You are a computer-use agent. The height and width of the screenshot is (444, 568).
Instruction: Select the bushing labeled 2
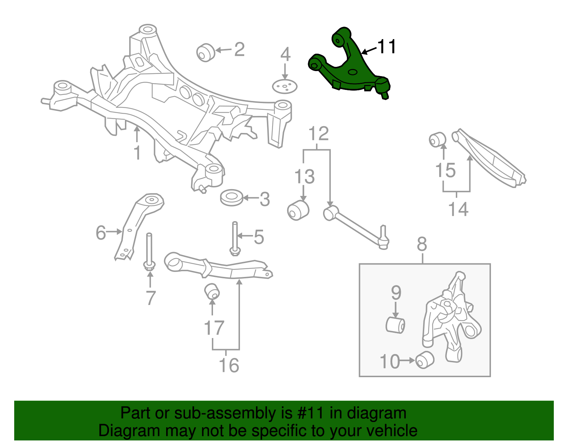pos(206,52)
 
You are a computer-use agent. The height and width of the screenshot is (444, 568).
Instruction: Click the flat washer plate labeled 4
pos(284,86)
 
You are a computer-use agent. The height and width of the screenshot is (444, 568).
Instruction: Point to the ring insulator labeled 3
pos(231,198)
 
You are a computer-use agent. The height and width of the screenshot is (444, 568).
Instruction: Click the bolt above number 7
pos(149,251)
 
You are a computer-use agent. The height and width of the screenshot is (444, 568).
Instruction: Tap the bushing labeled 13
pos(298,210)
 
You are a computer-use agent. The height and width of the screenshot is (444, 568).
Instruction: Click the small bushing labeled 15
pos(437,139)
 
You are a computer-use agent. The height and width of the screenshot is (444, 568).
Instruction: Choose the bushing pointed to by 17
pos(212,291)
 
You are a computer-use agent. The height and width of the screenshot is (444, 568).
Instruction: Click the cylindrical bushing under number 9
pos(395,325)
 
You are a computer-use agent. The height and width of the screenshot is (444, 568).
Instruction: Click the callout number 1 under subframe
pos(137,153)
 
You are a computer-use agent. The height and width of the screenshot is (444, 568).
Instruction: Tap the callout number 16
pos(229,365)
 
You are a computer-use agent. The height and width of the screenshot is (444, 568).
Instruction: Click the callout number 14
pos(458,209)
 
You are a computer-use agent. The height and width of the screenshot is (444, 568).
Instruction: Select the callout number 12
pos(318,134)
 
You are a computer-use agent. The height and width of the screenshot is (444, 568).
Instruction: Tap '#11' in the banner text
pos(311,413)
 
